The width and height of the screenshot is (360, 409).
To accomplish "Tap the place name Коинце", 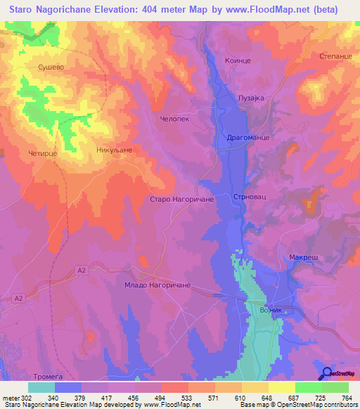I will (x=238, y=61).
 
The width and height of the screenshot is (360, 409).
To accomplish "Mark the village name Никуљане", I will (x=115, y=150).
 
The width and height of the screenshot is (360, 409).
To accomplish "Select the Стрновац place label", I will (x=247, y=197).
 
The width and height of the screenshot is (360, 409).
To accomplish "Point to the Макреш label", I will (x=304, y=258).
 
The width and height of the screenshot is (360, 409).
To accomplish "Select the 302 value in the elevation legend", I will (x=25, y=397).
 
